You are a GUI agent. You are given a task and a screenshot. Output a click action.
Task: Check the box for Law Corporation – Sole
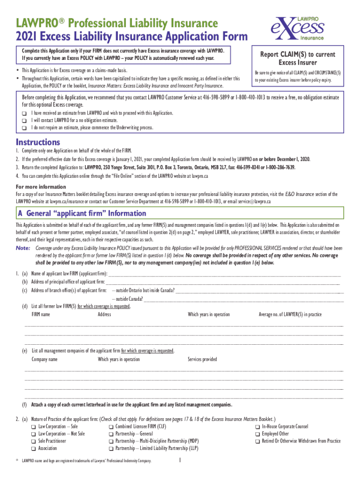(33, 427)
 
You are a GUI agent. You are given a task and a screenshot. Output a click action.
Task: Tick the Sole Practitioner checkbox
(33, 441)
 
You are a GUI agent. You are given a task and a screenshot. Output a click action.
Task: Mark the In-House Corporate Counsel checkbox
(257, 427)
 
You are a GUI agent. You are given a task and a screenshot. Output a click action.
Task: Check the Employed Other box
(257, 434)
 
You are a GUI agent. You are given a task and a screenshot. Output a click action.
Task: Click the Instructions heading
(38, 142)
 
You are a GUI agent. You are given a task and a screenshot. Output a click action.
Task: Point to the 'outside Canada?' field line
(243, 299)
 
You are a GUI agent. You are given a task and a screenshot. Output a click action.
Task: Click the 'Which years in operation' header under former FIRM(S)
(209, 315)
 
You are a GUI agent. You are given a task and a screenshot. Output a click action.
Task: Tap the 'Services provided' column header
(202, 359)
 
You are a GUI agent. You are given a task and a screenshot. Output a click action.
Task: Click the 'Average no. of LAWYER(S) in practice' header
(290, 315)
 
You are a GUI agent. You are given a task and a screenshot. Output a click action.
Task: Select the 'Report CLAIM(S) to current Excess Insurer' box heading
(298, 58)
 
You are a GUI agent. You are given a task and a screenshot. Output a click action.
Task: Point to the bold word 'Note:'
(23, 248)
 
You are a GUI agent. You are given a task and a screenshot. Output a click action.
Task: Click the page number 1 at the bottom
(180, 461)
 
